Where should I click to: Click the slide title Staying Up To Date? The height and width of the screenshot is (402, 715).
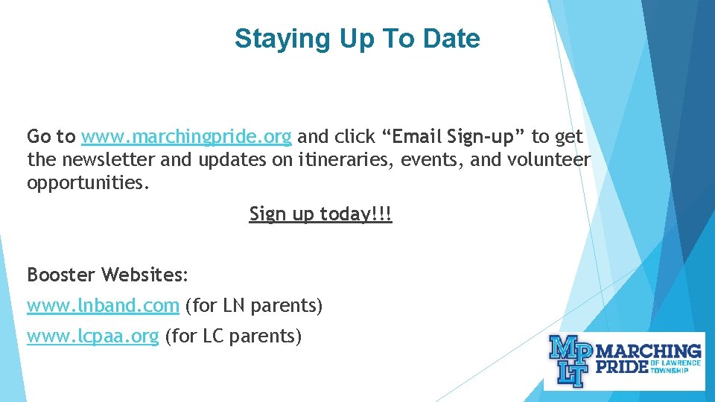pos(357,39)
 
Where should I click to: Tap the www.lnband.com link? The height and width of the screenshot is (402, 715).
pos(103,305)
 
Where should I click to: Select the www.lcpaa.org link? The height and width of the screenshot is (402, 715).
pos(92,336)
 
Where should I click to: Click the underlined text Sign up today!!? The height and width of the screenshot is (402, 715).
pos(320,214)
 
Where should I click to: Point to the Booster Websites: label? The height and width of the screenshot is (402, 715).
pos(108,275)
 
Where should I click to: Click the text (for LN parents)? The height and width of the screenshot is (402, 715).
pos(253,305)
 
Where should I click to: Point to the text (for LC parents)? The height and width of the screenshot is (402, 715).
pos(233,336)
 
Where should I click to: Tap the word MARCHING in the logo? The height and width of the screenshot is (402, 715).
pos(650,351)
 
